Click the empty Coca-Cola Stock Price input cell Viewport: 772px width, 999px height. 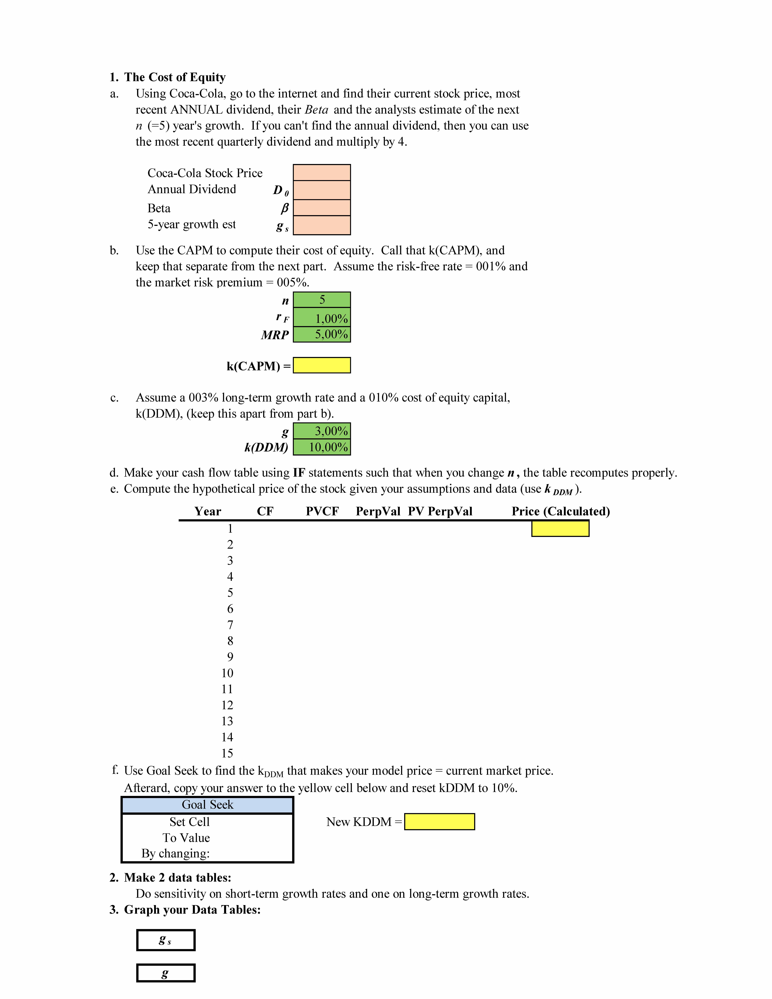[x=321, y=172]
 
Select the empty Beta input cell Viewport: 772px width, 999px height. [x=321, y=208]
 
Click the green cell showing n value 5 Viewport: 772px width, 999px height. [x=321, y=300]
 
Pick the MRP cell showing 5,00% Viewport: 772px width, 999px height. [x=321, y=334]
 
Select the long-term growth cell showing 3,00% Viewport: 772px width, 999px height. [x=321, y=431]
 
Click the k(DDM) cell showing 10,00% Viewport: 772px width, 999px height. [x=321, y=447]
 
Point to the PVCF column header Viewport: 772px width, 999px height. [x=322, y=511]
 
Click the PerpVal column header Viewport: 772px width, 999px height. [x=378, y=511]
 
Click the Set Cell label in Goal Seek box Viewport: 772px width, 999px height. [x=189, y=822]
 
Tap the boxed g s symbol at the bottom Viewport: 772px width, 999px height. [x=166, y=940]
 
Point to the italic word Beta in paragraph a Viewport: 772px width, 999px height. [x=316, y=110]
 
